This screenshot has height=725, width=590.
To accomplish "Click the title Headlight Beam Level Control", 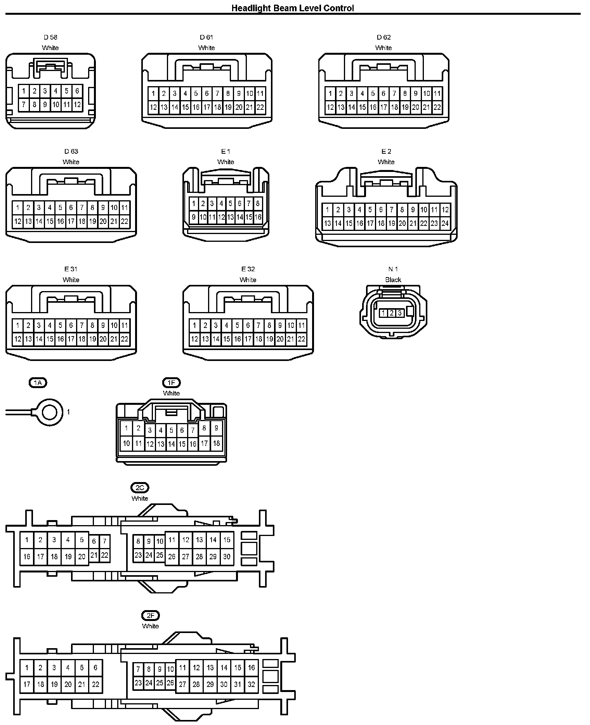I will coord(293,8).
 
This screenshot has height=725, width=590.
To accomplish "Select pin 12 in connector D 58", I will coord(77,104).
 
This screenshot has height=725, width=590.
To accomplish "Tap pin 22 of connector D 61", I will coord(260,108).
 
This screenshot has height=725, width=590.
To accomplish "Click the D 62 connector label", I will coord(383,37).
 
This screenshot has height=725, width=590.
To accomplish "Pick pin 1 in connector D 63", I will coord(17,208).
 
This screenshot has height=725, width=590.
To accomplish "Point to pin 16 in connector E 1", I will coord(258,217).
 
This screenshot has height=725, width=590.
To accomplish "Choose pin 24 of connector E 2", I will coord(445,223).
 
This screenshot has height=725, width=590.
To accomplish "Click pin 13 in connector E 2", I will coord(327,223).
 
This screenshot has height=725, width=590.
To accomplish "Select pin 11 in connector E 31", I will coord(124,325).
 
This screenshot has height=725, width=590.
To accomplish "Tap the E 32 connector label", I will coord(248,269).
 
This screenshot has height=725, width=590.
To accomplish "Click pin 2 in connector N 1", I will coord(391,313).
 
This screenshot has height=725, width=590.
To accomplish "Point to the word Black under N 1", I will coord(393,279).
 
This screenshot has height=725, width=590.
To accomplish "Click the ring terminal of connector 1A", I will coord(50,412).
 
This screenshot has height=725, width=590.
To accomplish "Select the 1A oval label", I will coord(38,383).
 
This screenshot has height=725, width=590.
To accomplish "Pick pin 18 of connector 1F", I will coord(216,443).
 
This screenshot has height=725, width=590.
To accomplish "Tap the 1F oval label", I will coord(171,383).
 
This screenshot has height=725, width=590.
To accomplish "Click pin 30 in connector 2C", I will coord(227,557).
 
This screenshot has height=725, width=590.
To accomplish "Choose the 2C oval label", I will coord(140,488).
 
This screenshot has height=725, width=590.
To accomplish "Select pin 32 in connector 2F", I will coord(251,684).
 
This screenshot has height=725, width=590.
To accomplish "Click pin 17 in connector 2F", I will coord(27,684).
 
